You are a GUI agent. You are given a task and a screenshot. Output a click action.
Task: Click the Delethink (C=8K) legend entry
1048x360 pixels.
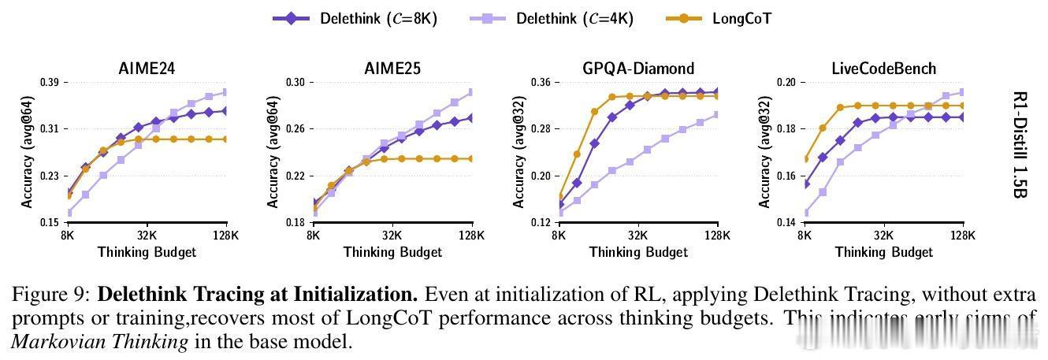point(355,18)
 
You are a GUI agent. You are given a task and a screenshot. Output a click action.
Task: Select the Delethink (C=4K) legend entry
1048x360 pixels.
point(551,18)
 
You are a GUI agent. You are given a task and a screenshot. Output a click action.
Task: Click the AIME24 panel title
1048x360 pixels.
point(147,69)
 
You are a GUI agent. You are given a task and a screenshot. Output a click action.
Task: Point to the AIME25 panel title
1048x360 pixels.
point(392,69)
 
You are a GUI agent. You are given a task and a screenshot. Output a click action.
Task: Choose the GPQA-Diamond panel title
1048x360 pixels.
point(638,69)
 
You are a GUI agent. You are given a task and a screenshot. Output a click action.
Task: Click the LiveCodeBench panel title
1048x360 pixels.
point(884,69)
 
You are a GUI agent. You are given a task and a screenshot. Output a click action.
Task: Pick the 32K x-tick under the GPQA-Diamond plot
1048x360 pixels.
point(638,235)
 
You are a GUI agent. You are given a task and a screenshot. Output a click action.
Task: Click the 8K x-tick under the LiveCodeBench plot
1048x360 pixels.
point(805,235)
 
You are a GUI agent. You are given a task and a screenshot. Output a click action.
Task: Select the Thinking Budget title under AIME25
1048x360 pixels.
point(392,252)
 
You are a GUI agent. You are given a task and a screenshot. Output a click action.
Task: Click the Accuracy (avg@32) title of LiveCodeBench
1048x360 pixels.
point(764,151)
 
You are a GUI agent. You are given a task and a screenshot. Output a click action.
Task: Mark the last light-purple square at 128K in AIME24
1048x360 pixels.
point(226,92)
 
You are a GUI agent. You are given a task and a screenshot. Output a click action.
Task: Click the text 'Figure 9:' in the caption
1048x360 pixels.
point(51,295)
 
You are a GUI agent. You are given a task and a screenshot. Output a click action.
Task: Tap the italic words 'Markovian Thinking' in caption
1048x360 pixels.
point(99,342)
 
